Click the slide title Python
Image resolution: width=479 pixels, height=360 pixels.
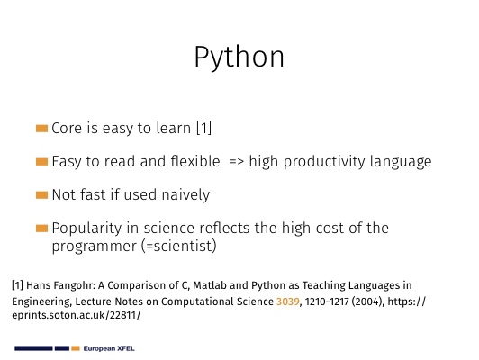(x=239, y=58)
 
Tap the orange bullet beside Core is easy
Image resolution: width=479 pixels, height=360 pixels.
(x=41, y=128)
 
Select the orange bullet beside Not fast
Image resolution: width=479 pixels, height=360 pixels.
(x=41, y=194)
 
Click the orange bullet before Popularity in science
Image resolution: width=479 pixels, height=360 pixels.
(x=41, y=229)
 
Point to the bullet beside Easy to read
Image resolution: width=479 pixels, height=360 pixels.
(x=41, y=161)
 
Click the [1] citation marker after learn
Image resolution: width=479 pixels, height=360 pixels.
(x=203, y=128)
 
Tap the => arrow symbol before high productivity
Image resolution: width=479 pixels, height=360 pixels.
(x=237, y=161)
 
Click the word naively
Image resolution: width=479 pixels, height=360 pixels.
(x=185, y=194)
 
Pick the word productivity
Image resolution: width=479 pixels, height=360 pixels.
(x=324, y=161)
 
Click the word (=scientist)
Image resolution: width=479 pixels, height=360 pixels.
(x=179, y=246)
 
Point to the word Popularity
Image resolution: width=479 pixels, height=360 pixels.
(x=86, y=229)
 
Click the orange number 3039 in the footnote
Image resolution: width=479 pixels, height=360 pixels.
(x=288, y=301)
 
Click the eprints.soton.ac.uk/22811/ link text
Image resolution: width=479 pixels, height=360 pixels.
(x=77, y=315)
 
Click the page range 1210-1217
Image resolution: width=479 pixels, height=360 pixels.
(x=327, y=301)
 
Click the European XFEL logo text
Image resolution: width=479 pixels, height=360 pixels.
(x=109, y=348)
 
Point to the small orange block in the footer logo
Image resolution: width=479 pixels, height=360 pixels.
(x=76, y=348)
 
